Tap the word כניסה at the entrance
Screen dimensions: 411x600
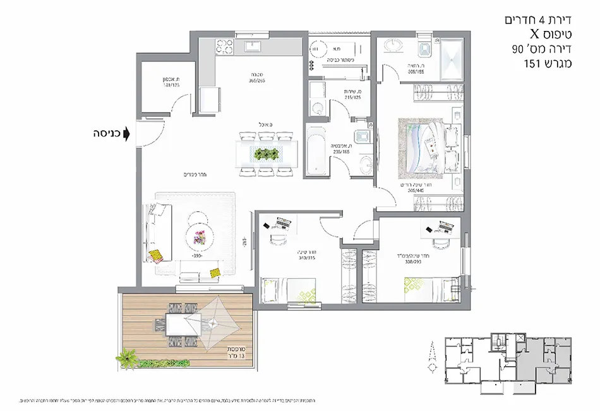[107, 134]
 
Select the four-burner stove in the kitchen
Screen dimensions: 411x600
[224, 48]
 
